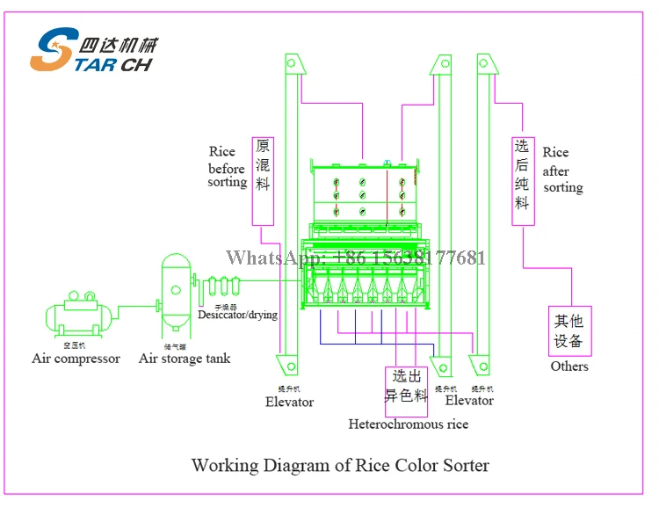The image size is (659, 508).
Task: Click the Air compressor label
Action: click(x=76, y=359)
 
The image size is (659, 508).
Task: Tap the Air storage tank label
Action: click(x=185, y=359)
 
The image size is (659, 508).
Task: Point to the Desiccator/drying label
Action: click(x=237, y=315)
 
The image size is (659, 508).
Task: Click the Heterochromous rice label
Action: click(x=409, y=425)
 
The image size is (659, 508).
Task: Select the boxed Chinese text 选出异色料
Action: click(x=407, y=386)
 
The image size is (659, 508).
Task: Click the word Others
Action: click(x=569, y=366)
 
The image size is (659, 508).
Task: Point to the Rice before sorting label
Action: click(x=227, y=167)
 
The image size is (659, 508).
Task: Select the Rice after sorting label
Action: click(x=562, y=171)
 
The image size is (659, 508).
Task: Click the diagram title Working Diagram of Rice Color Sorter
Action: click(x=340, y=465)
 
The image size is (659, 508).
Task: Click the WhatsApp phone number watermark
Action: click(x=355, y=258)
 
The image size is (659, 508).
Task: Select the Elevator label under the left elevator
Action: click(x=289, y=402)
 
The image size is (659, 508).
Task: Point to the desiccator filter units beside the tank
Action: click(x=224, y=287)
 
